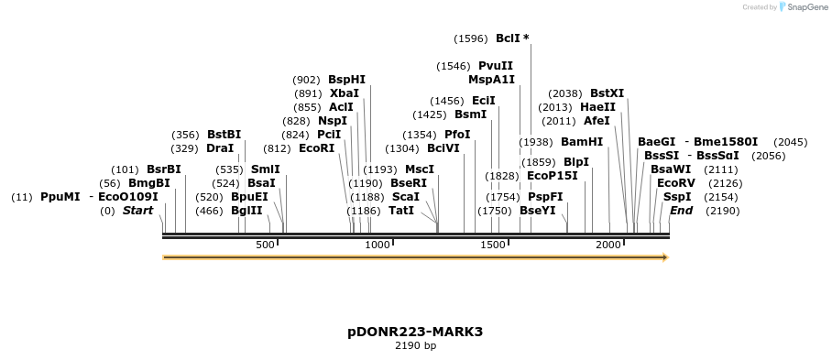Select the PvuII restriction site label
click(x=495, y=66)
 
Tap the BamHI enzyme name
click(x=582, y=142)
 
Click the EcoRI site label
click(x=317, y=148)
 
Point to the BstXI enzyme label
click(x=607, y=93)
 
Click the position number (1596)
click(x=471, y=38)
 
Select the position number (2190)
click(x=722, y=211)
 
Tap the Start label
click(x=137, y=211)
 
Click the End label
click(x=681, y=211)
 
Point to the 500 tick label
click(x=265, y=245)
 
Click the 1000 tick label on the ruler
click(x=378, y=245)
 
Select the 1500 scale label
click(x=493, y=245)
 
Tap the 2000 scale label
click(x=608, y=245)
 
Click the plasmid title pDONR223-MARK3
click(x=415, y=332)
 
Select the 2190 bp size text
click(x=415, y=346)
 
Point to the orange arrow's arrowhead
click(x=663, y=257)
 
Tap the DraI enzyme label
click(x=220, y=148)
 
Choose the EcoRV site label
click(x=675, y=183)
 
